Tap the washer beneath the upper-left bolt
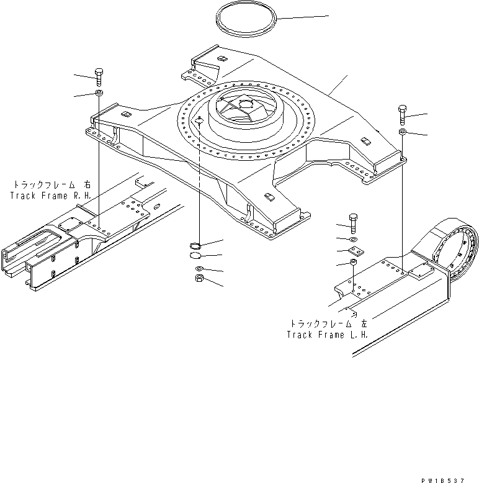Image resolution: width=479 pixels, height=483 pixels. tap(99, 94)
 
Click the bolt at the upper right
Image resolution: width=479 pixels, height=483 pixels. tap(403, 115)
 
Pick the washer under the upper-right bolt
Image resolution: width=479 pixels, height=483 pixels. tap(403, 132)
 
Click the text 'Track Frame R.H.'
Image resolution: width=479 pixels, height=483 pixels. tap(50, 196)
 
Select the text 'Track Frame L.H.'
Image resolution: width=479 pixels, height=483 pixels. tap(327, 335)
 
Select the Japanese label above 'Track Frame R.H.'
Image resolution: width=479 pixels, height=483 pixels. tap(51, 185)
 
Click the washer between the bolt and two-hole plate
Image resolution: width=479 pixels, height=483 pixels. tap(354, 239)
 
